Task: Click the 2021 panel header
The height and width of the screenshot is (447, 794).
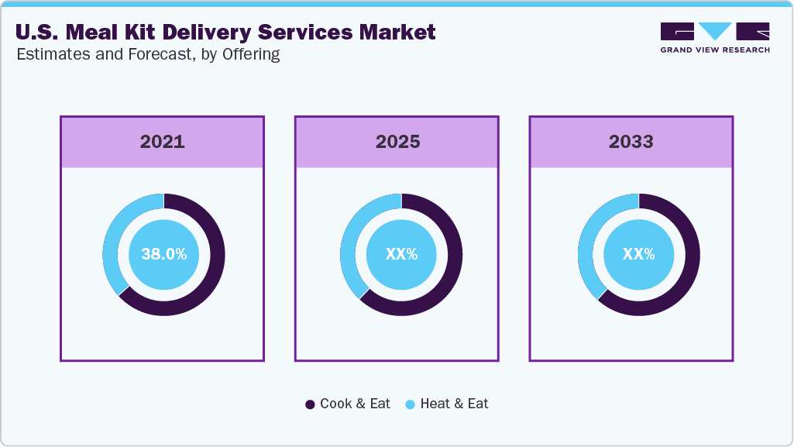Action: pos(162,142)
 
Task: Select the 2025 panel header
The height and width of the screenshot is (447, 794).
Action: pos(397,142)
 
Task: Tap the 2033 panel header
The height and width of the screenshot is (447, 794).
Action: pos(631,142)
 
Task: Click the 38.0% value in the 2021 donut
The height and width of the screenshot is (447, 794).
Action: pos(163,254)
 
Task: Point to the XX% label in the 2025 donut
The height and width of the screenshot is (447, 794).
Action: pos(401,254)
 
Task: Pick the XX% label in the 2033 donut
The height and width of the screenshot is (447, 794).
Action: pos(638,254)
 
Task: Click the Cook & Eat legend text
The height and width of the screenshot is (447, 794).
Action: pos(355,404)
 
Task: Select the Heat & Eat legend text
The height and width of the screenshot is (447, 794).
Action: pos(454,404)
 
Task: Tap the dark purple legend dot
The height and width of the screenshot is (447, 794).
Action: pos(311,404)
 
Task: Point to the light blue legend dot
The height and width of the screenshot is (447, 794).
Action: pos(411,404)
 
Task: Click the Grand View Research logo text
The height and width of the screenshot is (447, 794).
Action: pos(715,50)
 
